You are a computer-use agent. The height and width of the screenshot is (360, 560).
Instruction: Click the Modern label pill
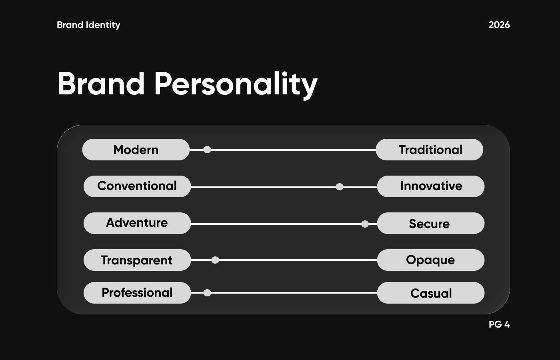136,150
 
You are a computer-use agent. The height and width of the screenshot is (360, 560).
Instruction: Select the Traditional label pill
429,150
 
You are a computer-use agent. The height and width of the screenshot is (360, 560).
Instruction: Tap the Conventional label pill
137,186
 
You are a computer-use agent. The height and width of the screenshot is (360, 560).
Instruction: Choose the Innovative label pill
430,186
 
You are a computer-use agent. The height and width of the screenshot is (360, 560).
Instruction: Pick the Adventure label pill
137,223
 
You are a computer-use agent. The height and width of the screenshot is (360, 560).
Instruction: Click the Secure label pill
430,223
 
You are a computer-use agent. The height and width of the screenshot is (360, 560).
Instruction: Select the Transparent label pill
137,260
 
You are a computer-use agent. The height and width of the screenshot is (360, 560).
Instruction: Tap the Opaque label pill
430,260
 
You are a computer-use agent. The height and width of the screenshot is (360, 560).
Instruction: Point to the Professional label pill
137,293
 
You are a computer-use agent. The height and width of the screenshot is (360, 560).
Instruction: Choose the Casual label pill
430,293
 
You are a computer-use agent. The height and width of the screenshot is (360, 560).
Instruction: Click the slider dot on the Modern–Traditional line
207,150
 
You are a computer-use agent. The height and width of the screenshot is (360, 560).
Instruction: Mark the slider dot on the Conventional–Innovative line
339,187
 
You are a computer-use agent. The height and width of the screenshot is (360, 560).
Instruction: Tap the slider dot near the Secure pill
365,224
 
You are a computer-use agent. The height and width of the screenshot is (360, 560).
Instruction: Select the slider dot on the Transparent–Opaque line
215,260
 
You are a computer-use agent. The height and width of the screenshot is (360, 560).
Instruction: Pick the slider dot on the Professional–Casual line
207,293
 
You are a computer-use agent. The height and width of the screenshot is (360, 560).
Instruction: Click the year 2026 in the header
499,25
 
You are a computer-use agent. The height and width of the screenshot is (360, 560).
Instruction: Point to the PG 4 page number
499,324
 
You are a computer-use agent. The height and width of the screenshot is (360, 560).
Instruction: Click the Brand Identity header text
88,25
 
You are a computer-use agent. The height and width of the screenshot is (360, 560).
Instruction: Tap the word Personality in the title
236,84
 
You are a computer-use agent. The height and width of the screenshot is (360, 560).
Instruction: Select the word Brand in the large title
101,83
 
